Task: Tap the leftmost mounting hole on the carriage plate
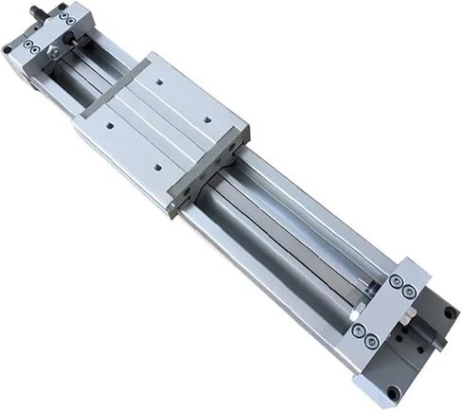pos(110,123)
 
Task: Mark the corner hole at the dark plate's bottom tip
pos(393,391)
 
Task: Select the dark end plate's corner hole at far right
pos(448,312)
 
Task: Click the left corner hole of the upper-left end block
pos(9,48)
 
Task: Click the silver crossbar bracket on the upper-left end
pos(58,34)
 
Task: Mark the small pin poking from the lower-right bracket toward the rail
pos(365,284)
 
